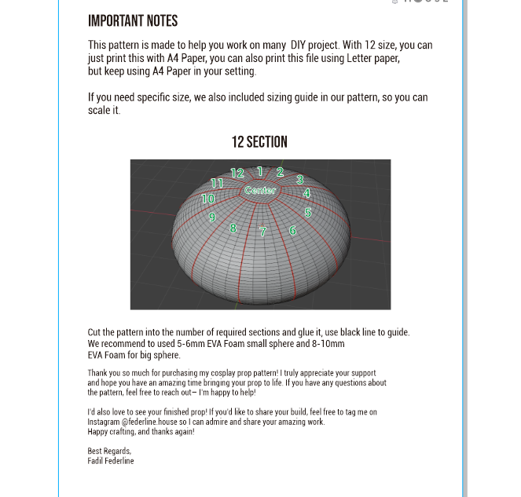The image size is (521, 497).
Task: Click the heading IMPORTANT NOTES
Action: coord(133,21)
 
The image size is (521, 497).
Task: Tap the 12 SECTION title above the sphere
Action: coord(259,142)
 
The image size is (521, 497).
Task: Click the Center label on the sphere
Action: coord(260,190)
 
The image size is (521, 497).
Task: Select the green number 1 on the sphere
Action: coord(260,171)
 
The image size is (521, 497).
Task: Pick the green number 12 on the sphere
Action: coord(237,174)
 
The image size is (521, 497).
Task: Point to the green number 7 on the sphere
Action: coord(262,232)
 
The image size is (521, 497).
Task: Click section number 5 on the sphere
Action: coord(308,212)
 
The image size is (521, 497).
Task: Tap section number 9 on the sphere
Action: coord(212,217)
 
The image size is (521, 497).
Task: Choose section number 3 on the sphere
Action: coord(299,180)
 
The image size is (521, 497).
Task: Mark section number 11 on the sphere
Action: coord(217,183)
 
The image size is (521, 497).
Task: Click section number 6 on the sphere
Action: coord(292,230)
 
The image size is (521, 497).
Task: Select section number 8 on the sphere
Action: coord(233,228)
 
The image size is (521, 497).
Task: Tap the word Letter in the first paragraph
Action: coord(352,58)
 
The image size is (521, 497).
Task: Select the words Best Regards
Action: coord(109,451)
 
